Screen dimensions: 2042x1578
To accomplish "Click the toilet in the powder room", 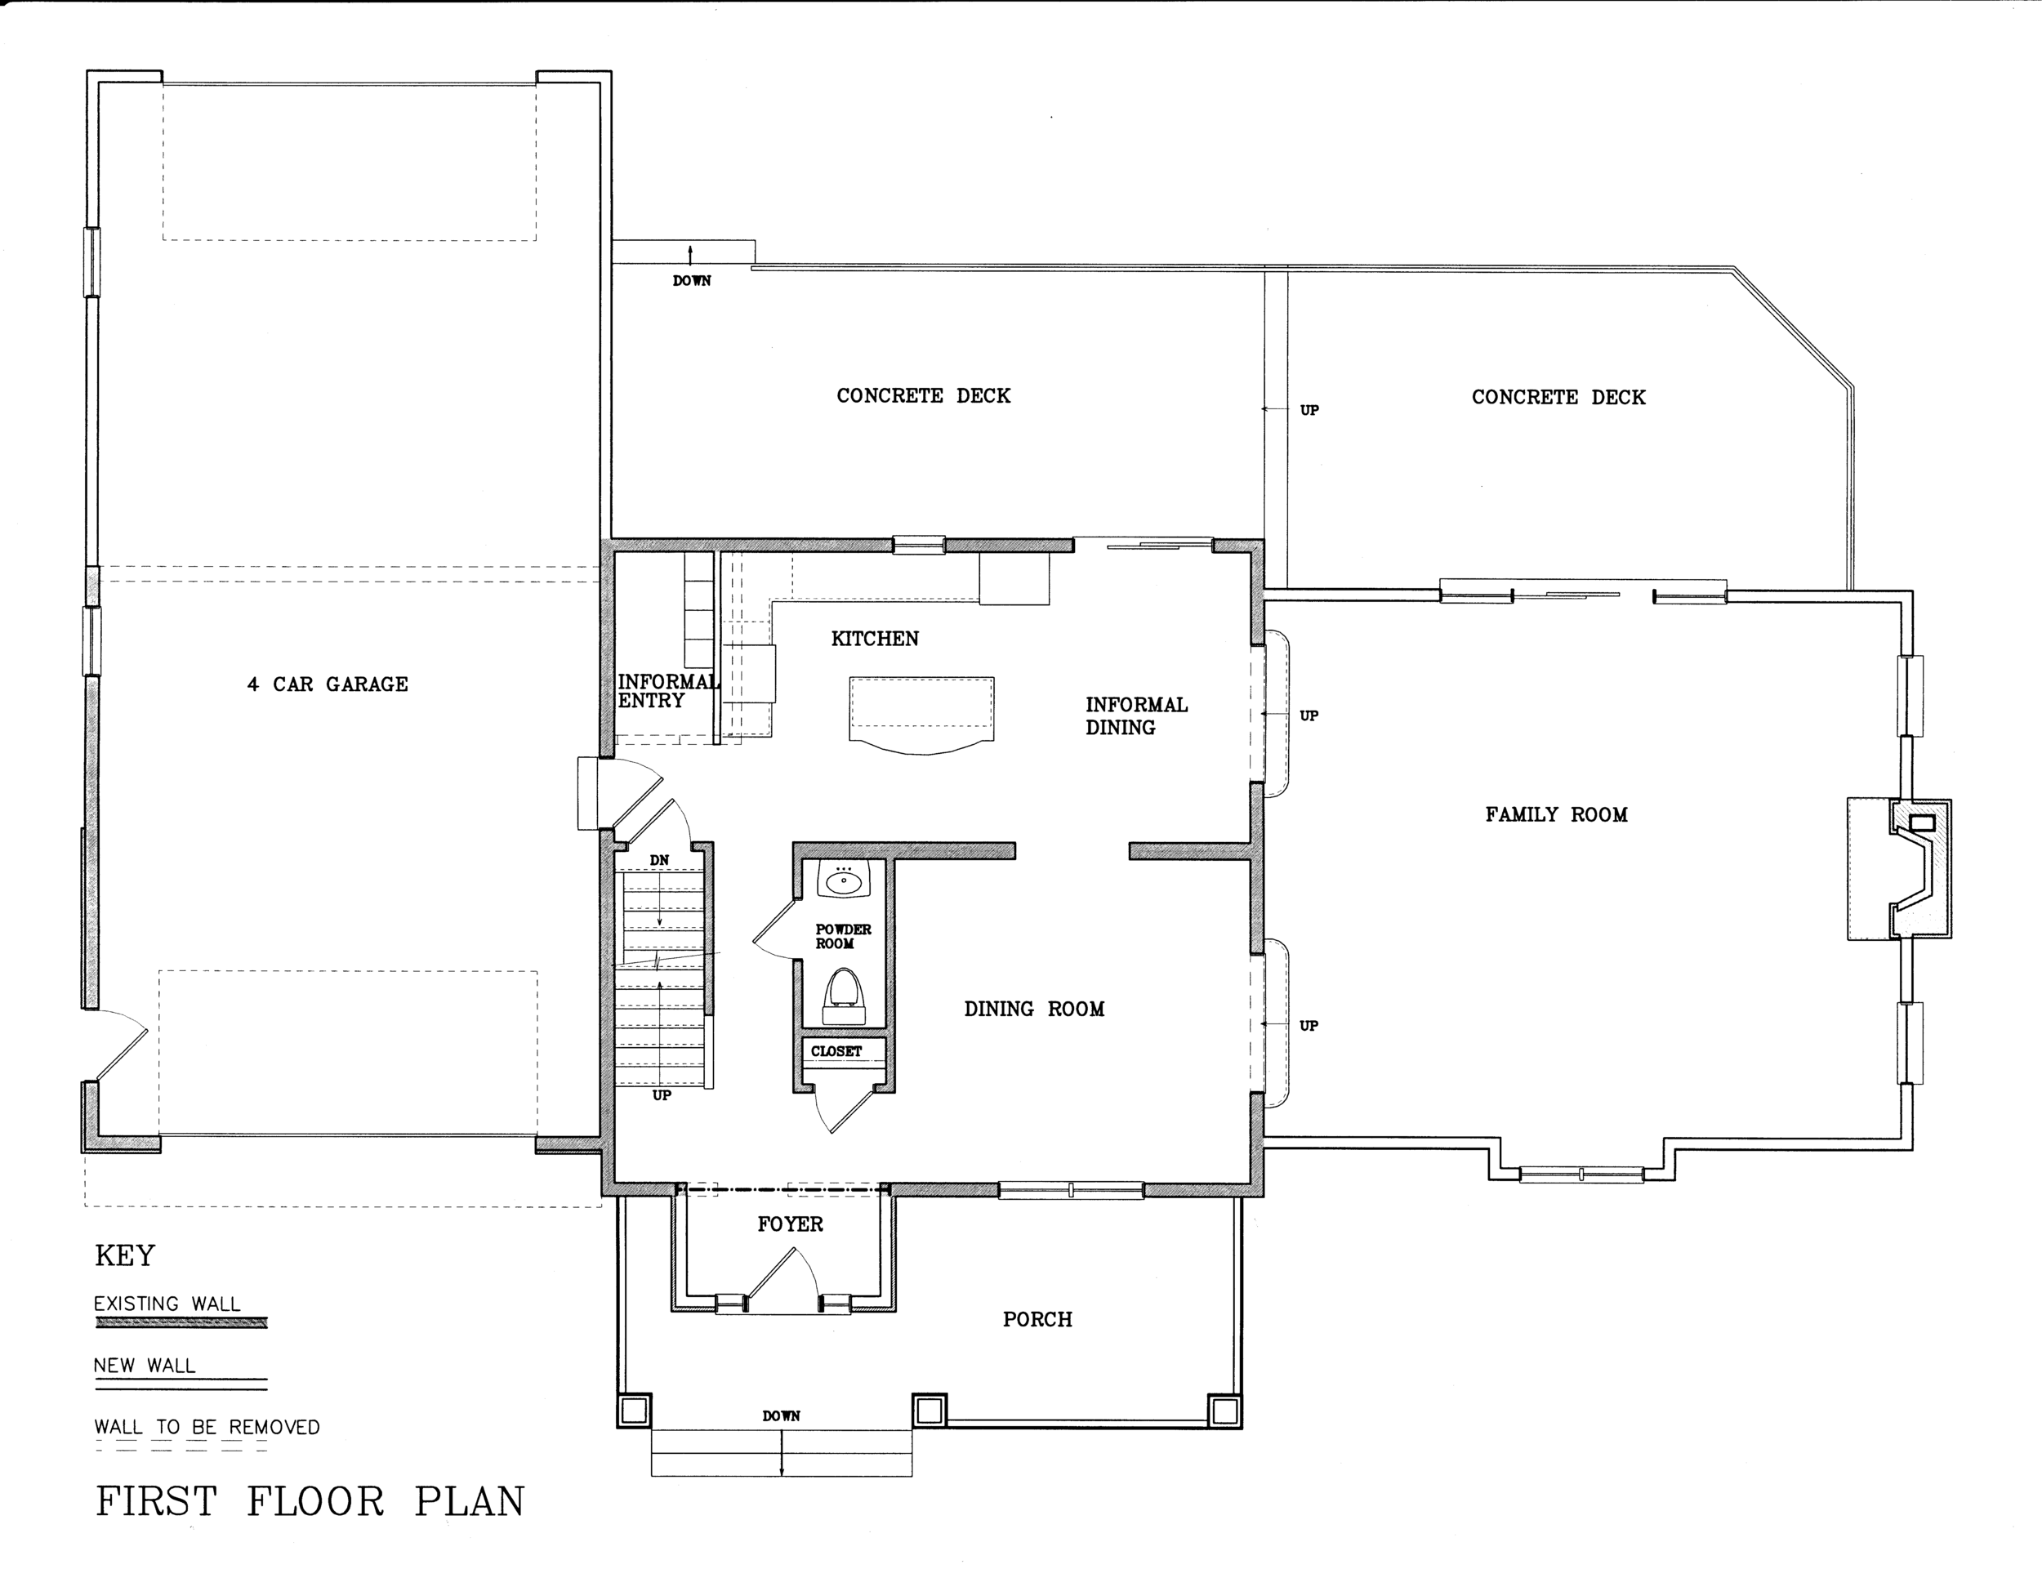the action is coord(845,996).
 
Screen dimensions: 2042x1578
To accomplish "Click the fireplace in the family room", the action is coord(1899,868).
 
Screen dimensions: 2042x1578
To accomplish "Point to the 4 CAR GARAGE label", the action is coord(328,684).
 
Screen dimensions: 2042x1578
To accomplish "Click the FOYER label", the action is coord(790,1224).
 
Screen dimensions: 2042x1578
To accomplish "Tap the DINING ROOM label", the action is coord(1034,1009).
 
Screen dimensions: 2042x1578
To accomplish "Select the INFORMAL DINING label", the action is coord(1136,716).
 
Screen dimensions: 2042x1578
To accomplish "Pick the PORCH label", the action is coord(1037,1319).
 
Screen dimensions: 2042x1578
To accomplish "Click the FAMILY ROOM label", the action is coord(1556,814).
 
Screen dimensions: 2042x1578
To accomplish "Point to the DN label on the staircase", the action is coord(659,860).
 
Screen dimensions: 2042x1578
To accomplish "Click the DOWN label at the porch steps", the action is coord(781,1415).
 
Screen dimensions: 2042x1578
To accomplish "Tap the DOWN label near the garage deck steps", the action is coord(692,280).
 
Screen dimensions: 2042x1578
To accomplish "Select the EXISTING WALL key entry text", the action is coord(167,1304).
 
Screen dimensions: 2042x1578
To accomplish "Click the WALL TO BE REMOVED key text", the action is coord(207,1428).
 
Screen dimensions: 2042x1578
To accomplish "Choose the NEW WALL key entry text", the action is coord(144,1366).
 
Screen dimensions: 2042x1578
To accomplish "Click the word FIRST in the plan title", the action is coord(156,1501).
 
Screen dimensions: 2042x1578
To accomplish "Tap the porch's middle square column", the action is coord(929,1410).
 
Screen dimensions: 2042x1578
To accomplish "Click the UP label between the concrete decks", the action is coord(1309,409).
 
